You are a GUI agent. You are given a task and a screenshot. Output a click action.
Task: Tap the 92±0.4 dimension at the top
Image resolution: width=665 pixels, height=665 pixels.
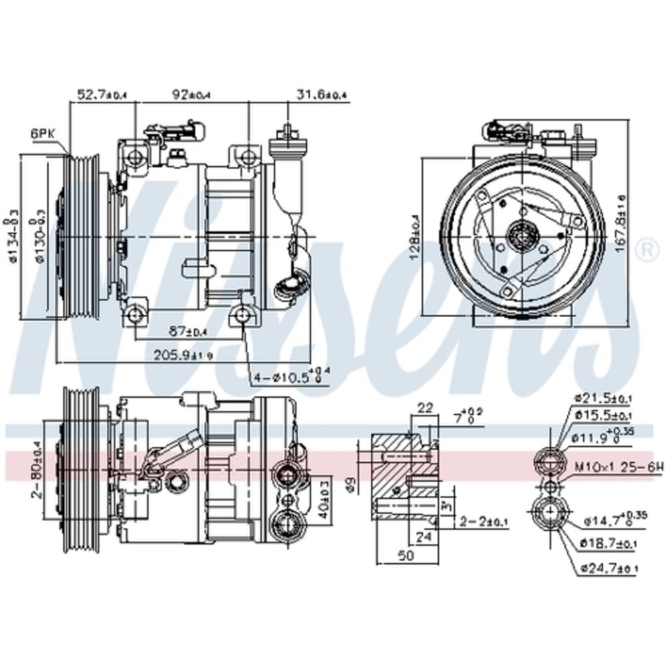191,95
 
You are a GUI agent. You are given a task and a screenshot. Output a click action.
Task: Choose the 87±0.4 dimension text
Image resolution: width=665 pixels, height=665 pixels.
189,331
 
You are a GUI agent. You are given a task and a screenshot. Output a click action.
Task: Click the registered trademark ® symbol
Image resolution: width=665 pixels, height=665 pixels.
644,251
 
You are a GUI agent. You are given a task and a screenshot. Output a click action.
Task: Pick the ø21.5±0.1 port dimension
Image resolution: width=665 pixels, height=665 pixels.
605,398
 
